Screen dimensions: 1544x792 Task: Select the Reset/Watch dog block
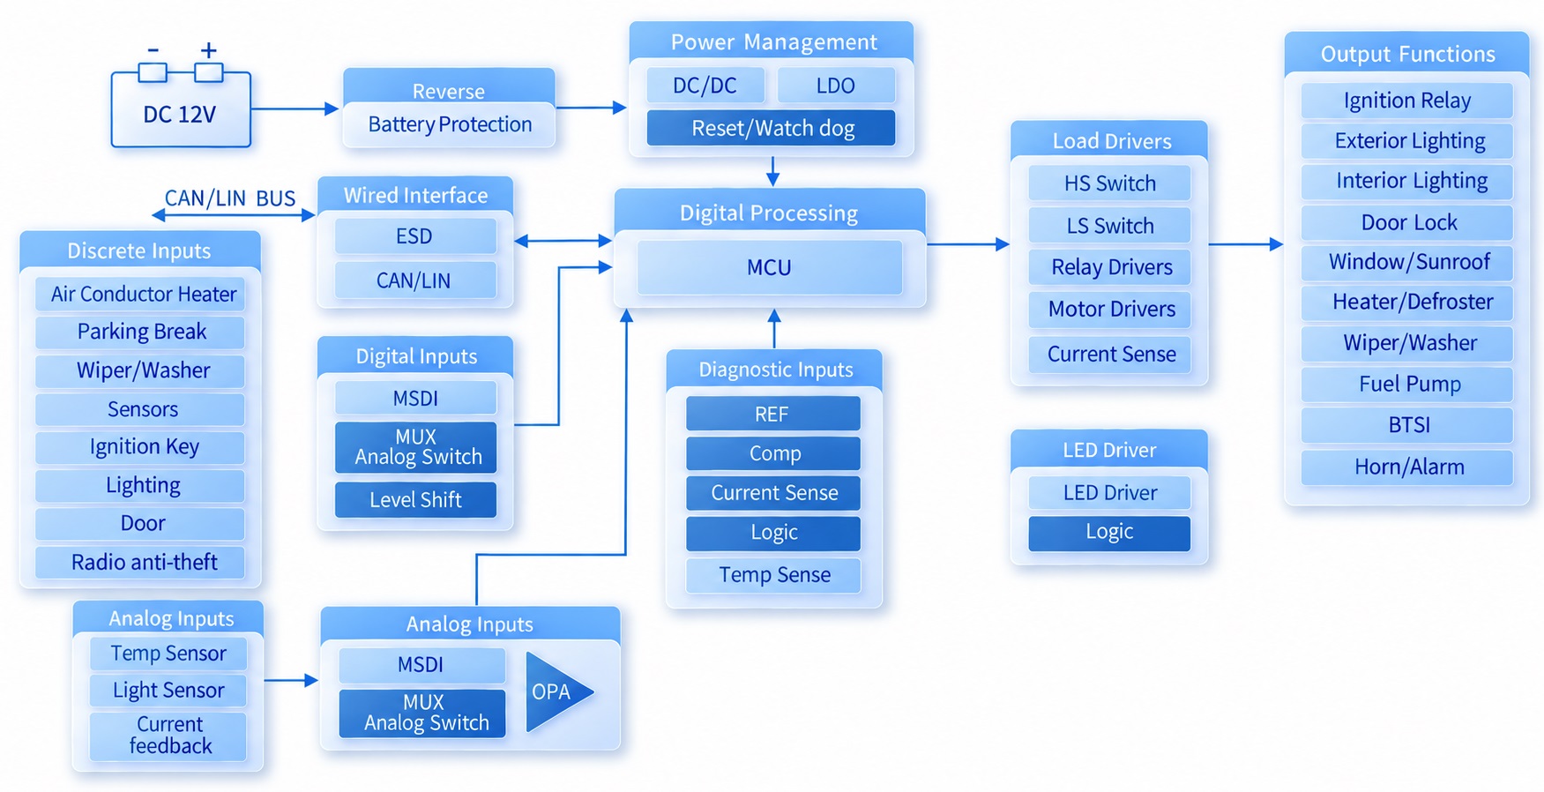coord(772,128)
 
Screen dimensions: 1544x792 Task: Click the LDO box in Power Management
coord(836,86)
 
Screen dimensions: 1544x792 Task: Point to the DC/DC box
coord(705,86)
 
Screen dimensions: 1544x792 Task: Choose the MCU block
coord(770,267)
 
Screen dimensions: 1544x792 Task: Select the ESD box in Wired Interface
coord(415,236)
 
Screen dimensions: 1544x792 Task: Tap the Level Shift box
coord(415,500)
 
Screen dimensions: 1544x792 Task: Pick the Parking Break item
coord(140,332)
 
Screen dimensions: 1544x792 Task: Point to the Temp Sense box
coord(773,575)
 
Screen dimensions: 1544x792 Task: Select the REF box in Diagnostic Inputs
coord(773,414)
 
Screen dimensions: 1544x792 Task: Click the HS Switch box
coord(1109,183)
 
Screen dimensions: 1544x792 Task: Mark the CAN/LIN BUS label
coord(230,198)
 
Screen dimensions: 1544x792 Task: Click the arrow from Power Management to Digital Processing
coord(772,171)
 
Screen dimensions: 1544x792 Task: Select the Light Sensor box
coord(168,691)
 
